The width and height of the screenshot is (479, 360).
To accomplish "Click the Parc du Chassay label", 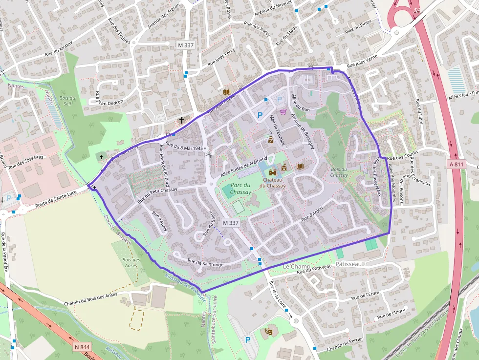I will tap(240, 189).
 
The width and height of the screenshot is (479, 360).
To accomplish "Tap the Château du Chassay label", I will tap(273, 182).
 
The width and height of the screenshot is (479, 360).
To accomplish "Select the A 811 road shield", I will tap(456, 165).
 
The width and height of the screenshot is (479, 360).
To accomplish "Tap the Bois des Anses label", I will tap(131, 262).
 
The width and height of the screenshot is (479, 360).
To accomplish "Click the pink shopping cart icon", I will tap(283, 111).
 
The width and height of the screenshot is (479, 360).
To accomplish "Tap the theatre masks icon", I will tap(267, 331).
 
